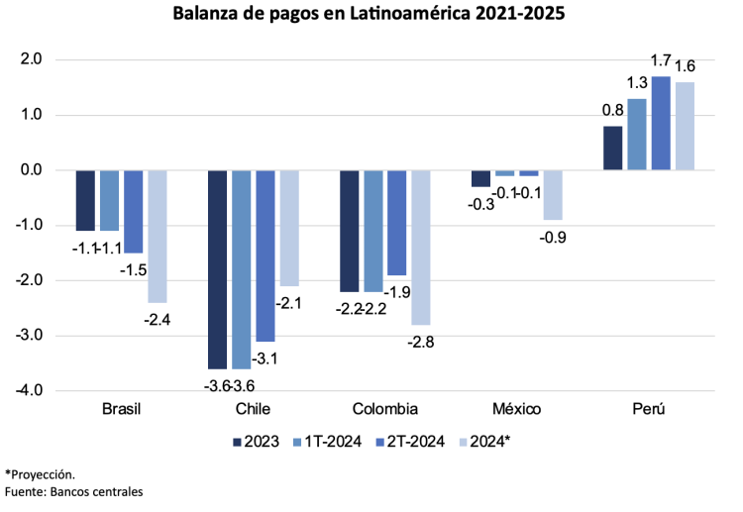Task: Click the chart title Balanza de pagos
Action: click(x=371, y=15)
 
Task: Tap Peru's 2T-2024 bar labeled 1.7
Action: click(x=661, y=123)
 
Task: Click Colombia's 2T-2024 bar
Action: click(x=397, y=223)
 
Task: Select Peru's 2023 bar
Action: click(x=612, y=149)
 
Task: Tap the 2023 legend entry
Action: click(x=255, y=442)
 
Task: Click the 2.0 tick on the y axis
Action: click(x=30, y=59)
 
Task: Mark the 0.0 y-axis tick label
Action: click(x=30, y=170)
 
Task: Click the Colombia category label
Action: click(x=385, y=409)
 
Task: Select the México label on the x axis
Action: click(x=517, y=409)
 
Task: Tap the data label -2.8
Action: click(x=421, y=343)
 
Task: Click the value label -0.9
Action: click(x=553, y=238)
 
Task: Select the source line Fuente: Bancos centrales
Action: click(x=74, y=492)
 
